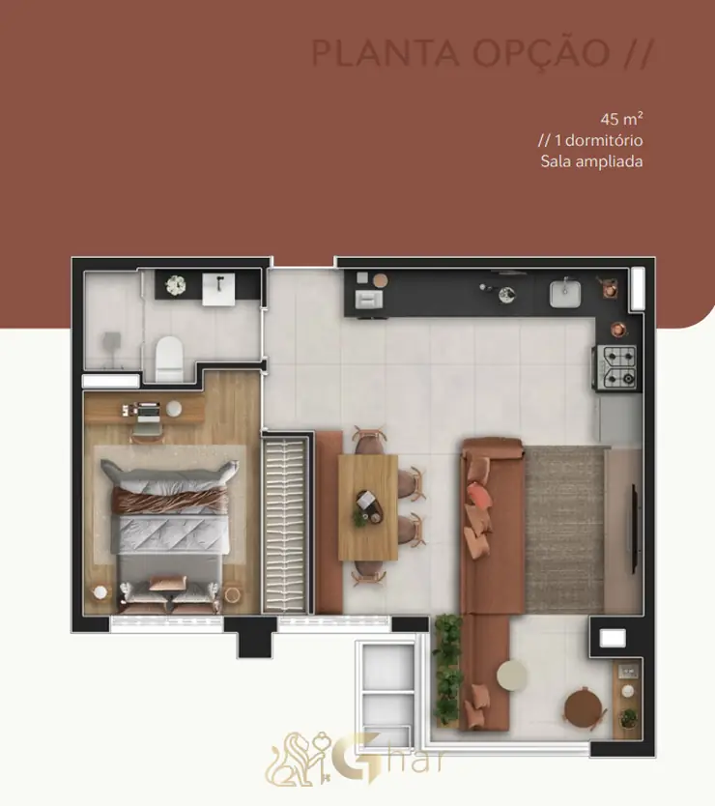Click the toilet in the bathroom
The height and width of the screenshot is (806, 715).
click(169, 358)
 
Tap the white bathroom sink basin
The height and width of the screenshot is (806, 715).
click(218, 289)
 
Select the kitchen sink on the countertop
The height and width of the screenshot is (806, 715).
click(565, 294)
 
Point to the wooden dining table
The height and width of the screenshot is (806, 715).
click(368, 507)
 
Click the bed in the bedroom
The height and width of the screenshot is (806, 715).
click(170, 534)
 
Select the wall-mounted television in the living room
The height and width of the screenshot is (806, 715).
click(634, 529)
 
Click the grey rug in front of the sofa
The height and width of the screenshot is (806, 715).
click(564, 530)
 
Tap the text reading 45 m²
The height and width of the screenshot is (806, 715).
click(621, 119)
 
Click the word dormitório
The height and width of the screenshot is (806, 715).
click(605, 140)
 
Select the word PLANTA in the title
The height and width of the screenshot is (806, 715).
click(386, 53)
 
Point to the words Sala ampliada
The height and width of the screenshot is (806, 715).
click(591, 161)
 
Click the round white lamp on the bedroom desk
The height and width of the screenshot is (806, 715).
click(174, 409)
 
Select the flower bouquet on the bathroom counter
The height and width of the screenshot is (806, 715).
click(175, 285)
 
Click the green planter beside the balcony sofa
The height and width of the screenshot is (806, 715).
click(446, 670)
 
